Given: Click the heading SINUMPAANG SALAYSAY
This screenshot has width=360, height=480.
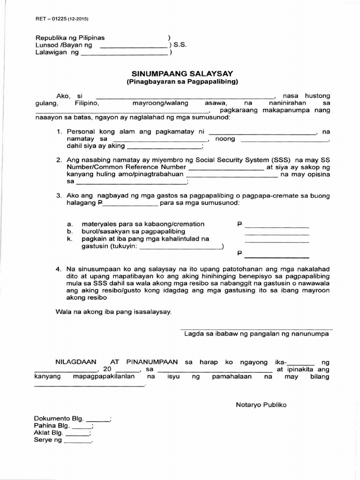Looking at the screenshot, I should pyautogui.click(x=182, y=74).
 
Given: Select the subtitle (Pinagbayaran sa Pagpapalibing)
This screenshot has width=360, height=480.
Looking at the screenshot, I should pyautogui.click(x=182, y=82).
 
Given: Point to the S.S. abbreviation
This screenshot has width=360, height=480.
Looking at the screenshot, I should pyautogui.click(x=180, y=45).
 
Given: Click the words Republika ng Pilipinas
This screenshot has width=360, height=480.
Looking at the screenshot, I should pyautogui.click(x=70, y=37).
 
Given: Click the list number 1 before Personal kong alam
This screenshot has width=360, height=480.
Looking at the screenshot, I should pyautogui.click(x=59, y=132).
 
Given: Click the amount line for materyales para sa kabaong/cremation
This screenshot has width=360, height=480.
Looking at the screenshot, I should pyautogui.click(x=277, y=225).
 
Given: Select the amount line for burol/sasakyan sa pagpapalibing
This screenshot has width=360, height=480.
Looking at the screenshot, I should pyautogui.click(x=277, y=233).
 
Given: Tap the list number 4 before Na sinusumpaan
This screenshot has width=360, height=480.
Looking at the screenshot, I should pyautogui.click(x=59, y=269).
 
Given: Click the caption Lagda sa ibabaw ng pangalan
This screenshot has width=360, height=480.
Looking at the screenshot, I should pyautogui.click(x=256, y=334).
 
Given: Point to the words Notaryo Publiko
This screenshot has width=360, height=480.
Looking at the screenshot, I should pyautogui.click(x=261, y=405).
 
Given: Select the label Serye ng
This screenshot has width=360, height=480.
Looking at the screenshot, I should pyautogui.click(x=48, y=441).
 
